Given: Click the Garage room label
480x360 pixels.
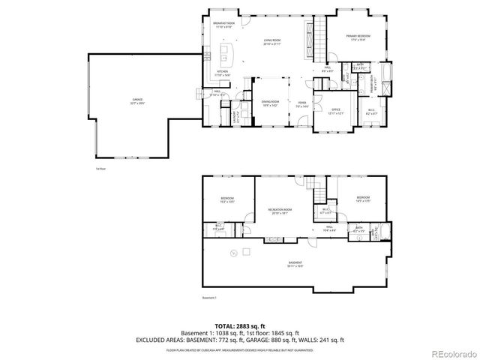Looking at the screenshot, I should click(137, 103).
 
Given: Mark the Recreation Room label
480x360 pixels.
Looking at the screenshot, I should click(280, 212).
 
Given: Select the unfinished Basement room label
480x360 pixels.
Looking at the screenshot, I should click(295, 263).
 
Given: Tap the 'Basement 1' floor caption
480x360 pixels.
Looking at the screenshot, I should click(209, 298).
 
